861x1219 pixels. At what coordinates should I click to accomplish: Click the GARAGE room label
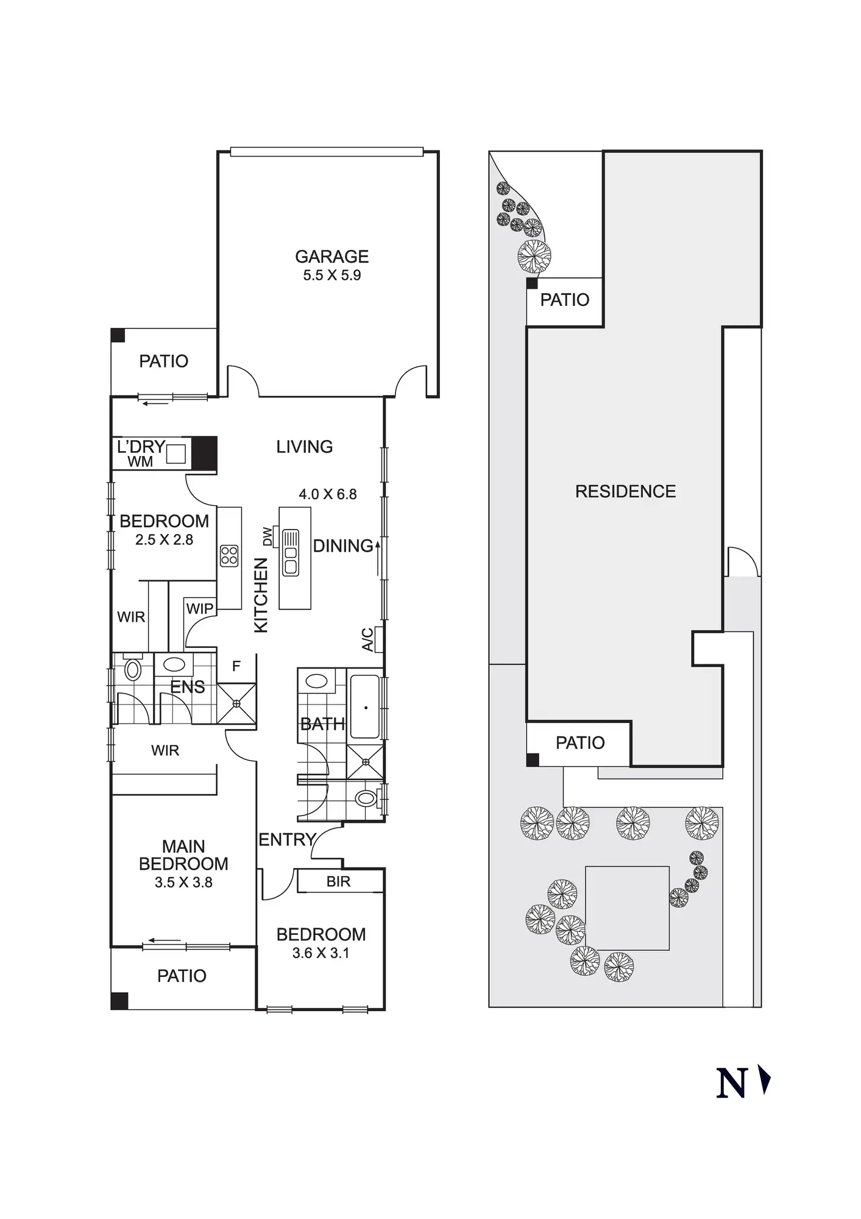[x=332, y=257]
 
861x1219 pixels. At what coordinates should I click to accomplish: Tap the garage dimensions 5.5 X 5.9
[x=332, y=275]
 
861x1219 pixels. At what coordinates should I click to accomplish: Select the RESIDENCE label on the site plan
[x=625, y=491]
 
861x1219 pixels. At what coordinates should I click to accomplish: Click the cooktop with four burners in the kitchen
[x=229, y=555]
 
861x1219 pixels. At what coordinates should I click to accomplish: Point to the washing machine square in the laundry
[x=176, y=454]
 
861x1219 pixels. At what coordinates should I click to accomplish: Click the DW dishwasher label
[x=268, y=536]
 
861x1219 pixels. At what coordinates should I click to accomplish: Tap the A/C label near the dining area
[x=367, y=639]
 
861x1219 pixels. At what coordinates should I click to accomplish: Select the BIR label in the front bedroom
[x=338, y=881]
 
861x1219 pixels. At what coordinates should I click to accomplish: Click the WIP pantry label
[x=199, y=608]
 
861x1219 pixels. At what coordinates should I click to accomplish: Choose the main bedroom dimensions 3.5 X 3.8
[x=183, y=883]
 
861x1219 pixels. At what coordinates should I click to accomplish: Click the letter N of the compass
[x=731, y=1084]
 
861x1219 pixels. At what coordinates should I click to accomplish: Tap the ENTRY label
[x=287, y=839]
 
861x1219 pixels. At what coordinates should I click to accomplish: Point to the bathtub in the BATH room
[x=365, y=707]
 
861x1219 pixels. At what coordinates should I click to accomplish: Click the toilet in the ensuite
[x=132, y=670]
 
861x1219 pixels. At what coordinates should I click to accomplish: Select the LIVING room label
[x=304, y=447]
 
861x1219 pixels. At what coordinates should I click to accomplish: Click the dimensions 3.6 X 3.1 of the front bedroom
[x=321, y=953]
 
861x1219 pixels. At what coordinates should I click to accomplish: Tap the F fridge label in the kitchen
[x=236, y=666]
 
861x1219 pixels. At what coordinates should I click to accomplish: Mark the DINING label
[x=342, y=546]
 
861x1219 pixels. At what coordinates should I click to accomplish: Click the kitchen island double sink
[x=291, y=552]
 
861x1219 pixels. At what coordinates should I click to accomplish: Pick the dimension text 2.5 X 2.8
[x=164, y=540]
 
